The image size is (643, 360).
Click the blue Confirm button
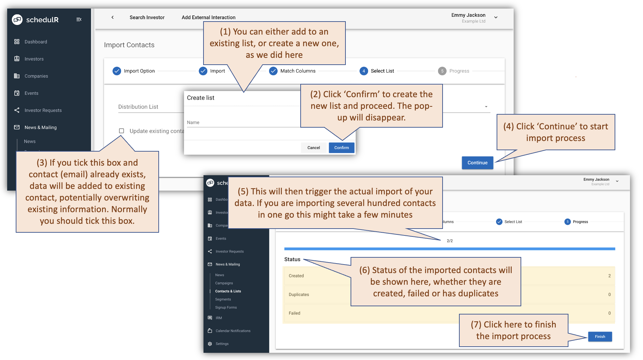[x=341, y=147]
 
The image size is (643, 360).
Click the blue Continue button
[x=477, y=163]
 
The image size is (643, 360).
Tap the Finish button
[x=600, y=336]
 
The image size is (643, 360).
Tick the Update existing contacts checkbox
[x=121, y=131]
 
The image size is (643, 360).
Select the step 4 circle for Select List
[x=364, y=71]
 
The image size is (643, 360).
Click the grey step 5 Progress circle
[x=442, y=71]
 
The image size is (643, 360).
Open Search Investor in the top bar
[x=147, y=17]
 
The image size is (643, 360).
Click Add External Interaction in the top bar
[x=208, y=17]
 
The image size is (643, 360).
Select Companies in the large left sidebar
[x=36, y=76]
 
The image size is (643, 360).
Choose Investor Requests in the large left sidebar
[x=43, y=110]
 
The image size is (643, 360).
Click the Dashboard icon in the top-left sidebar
[x=17, y=42]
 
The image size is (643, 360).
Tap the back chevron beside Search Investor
[x=113, y=17]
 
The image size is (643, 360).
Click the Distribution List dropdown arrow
[x=486, y=107]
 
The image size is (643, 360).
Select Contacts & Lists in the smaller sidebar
[x=228, y=291]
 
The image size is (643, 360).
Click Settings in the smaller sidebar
[x=222, y=344]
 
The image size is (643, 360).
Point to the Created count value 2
[x=609, y=276]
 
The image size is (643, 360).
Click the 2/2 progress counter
[x=449, y=241]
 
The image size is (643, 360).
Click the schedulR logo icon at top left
[x=17, y=20]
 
